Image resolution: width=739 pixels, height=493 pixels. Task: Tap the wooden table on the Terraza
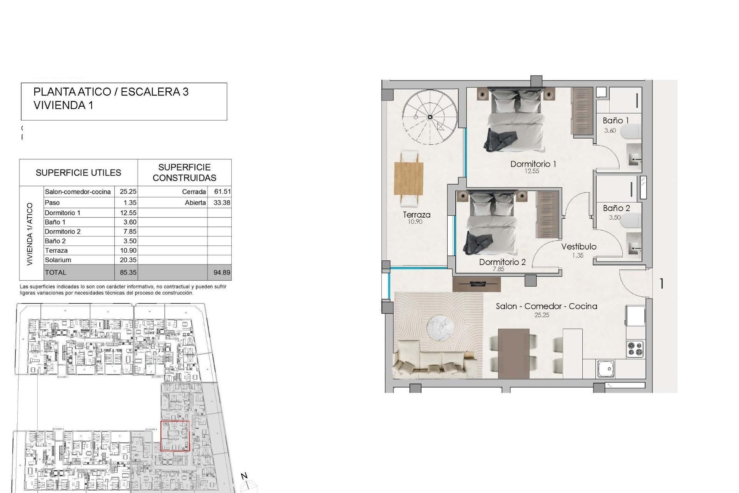tap(409, 178)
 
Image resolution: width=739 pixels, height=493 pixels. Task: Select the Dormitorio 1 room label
tap(533, 164)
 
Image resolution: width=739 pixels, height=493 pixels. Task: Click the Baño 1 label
tap(615, 121)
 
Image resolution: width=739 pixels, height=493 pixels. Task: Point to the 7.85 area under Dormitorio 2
tap(498, 269)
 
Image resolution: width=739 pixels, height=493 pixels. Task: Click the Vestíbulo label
tap(578, 247)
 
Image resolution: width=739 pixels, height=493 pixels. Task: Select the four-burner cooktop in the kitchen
tap(635, 349)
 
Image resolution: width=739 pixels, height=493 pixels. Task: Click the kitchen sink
tap(606, 369)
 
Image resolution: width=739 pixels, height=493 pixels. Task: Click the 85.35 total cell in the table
tap(127, 273)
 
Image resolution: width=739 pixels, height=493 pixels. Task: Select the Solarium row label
tap(58, 260)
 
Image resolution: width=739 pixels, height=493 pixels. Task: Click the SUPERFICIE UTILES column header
tap(78, 173)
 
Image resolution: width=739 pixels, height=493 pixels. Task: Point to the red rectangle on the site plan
tap(175, 436)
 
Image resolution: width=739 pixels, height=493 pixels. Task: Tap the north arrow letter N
tap(244, 476)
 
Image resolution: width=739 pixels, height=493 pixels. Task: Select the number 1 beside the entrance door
tap(661, 284)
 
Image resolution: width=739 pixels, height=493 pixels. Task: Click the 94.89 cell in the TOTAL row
tap(222, 273)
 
